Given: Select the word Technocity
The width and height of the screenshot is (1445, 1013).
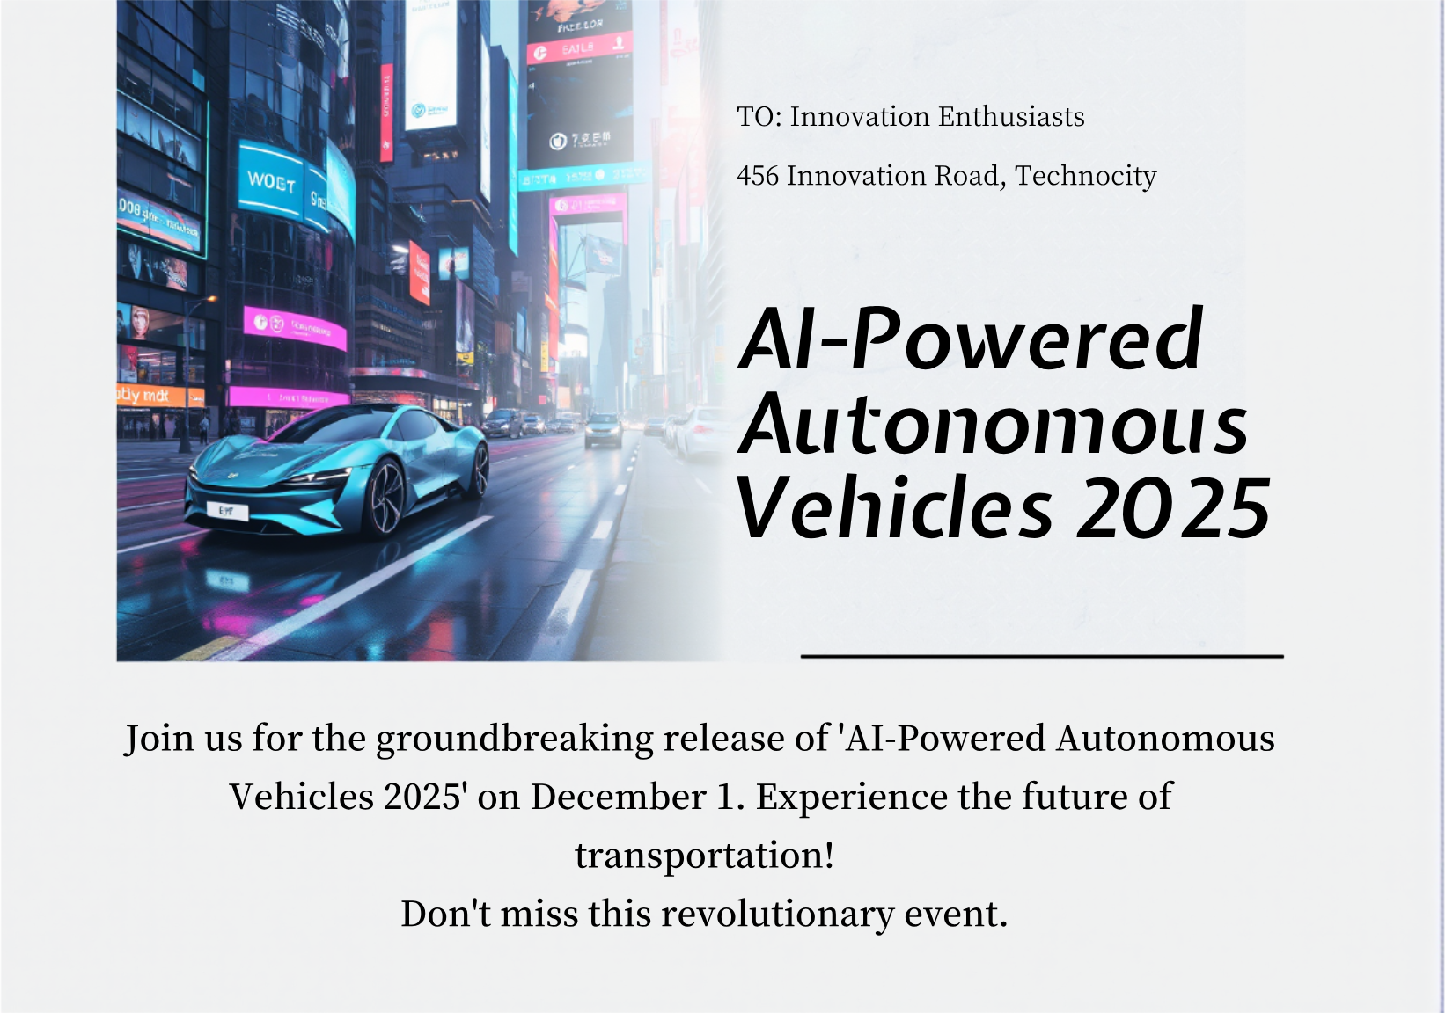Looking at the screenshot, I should pos(1085,176).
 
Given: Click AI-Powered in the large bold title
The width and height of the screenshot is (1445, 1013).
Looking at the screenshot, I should pos(971,339).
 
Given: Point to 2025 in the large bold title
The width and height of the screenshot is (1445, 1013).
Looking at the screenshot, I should pos(1173,509).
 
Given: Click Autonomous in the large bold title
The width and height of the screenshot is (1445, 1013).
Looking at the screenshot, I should pos(993,425).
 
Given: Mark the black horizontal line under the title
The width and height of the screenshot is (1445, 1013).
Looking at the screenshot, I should pos(1042,656).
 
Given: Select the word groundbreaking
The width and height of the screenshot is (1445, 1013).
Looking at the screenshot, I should pos(515,739).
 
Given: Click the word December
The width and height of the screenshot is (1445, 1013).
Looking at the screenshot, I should pos(619,798).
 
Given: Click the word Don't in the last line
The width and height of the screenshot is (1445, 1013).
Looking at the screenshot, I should pos(445,915).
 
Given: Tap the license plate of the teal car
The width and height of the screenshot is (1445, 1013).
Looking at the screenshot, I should pos(227,510).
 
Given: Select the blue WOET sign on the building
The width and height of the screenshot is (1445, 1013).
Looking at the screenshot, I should pos(270,181).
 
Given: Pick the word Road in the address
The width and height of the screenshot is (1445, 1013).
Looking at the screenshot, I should pos(970,176).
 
